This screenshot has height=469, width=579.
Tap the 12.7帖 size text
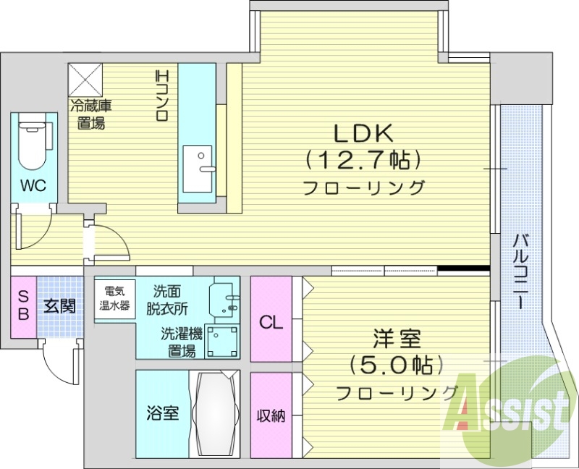363,158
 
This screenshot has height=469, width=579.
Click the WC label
33,185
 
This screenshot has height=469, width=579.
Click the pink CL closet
271,319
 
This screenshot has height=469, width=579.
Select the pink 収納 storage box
271,415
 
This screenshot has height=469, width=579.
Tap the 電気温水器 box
114,298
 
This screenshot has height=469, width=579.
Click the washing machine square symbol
221,341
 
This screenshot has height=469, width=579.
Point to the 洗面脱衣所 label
170,300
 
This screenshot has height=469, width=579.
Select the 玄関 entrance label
59,306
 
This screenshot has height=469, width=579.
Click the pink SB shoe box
23,306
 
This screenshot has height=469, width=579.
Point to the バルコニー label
520,271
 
